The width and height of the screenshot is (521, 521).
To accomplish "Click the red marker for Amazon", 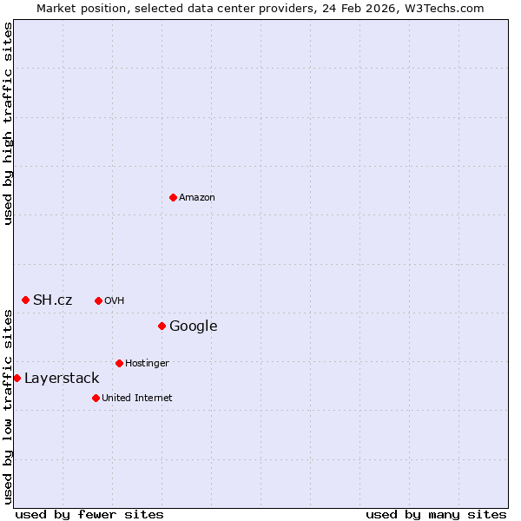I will [173, 197].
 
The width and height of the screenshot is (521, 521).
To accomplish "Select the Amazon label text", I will [197, 198].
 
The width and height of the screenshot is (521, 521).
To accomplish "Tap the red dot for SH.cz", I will [25, 300].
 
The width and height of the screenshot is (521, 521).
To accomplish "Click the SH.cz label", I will [52, 300].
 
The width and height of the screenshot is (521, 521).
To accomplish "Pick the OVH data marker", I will [98, 300].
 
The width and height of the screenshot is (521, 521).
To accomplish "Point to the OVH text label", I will [115, 301].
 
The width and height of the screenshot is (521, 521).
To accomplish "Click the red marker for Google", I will [162, 326].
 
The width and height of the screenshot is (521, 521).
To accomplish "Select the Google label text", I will [193, 326].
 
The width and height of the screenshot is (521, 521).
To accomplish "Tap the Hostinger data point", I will [119, 363].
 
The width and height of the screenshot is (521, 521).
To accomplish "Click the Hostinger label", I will [147, 363].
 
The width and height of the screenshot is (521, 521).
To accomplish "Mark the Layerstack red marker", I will [16, 378].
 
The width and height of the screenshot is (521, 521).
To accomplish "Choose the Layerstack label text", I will [62, 379].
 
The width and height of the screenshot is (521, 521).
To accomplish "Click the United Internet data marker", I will [96, 398].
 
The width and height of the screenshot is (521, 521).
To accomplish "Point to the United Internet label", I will [137, 399].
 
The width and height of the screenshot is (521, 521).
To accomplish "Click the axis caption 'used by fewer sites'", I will [89, 514].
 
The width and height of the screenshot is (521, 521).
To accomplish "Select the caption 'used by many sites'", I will [436, 514].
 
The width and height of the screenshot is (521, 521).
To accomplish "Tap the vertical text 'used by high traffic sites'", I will [8, 123].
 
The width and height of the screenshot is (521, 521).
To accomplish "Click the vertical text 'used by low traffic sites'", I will [8, 406].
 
